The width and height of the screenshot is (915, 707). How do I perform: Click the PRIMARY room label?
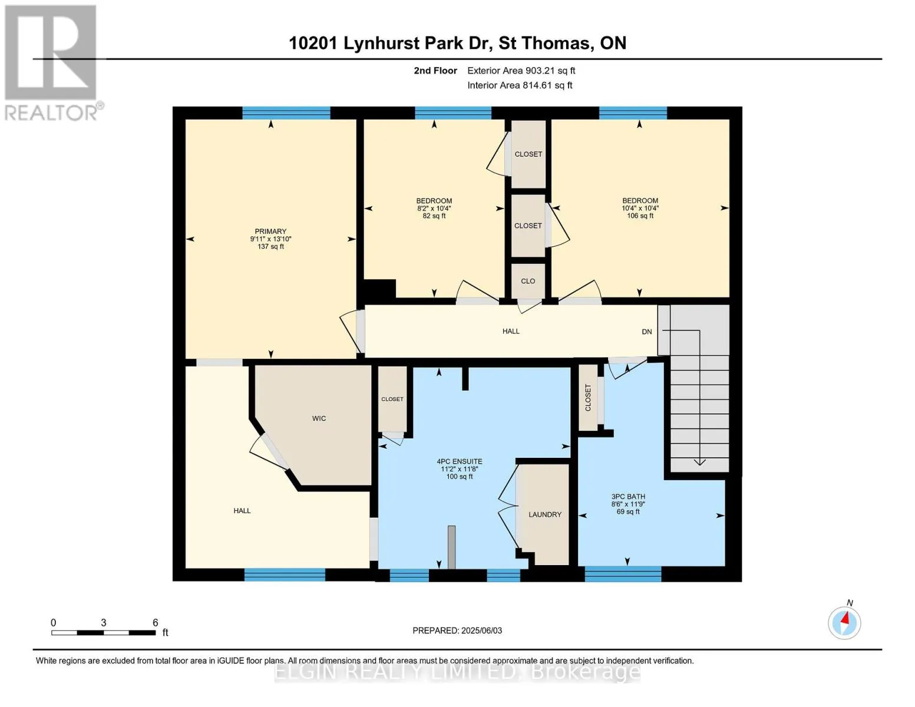(270, 231)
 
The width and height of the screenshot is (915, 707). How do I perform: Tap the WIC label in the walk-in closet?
(319, 418)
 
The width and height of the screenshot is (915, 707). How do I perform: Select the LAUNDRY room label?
(545, 514)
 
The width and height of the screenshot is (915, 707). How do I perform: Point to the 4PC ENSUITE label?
(460, 461)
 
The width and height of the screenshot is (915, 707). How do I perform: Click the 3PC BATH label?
(628, 497)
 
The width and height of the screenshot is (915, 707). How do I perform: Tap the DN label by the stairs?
(647, 331)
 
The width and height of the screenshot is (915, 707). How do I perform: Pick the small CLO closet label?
(528, 281)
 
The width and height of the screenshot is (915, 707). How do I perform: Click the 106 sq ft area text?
(640, 216)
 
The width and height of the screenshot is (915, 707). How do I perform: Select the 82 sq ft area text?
(434, 216)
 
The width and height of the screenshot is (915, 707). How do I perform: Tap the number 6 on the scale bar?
(156, 622)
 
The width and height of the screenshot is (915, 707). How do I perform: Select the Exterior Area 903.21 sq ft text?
(521, 71)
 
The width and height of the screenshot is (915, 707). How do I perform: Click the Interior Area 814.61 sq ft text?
(520, 85)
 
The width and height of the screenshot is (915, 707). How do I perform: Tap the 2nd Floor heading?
(435, 71)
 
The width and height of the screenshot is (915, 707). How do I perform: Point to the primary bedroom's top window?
(286, 113)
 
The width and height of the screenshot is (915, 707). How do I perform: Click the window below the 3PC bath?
(623, 574)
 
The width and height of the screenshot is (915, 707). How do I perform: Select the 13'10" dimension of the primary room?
(281, 239)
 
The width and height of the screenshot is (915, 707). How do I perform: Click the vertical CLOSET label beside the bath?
(588, 398)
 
